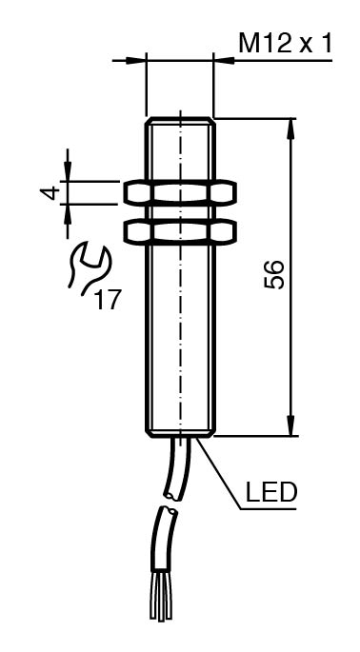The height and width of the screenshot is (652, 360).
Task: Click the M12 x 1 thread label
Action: tap(286, 43)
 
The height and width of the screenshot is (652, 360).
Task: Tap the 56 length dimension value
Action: tap(274, 274)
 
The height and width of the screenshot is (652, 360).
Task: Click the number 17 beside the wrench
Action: tap(108, 300)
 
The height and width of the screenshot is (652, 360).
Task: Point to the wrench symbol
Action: tap(90, 268)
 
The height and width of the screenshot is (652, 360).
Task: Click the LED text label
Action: tap(270, 492)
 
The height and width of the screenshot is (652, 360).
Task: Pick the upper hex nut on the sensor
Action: tap(180, 193)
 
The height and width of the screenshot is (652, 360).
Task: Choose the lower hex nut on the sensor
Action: tap(180, 231)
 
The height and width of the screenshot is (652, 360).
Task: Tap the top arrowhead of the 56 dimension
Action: tap(290, 129)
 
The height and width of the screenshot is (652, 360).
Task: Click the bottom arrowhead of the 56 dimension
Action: tap(290, 425)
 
